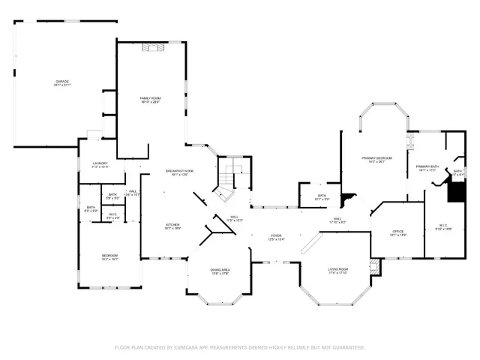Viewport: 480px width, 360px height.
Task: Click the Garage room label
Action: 61,81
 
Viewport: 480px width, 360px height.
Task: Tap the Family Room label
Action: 151,98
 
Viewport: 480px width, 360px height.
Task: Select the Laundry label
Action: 100,163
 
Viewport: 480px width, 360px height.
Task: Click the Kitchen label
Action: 172,224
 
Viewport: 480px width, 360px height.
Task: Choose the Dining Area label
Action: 220,269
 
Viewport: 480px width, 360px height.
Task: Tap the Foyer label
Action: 276,235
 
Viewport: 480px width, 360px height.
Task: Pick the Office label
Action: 398,231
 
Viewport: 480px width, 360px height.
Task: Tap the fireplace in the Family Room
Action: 153,49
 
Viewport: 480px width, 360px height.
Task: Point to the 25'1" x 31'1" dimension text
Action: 61,85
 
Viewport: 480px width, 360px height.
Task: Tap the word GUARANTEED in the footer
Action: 347,348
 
